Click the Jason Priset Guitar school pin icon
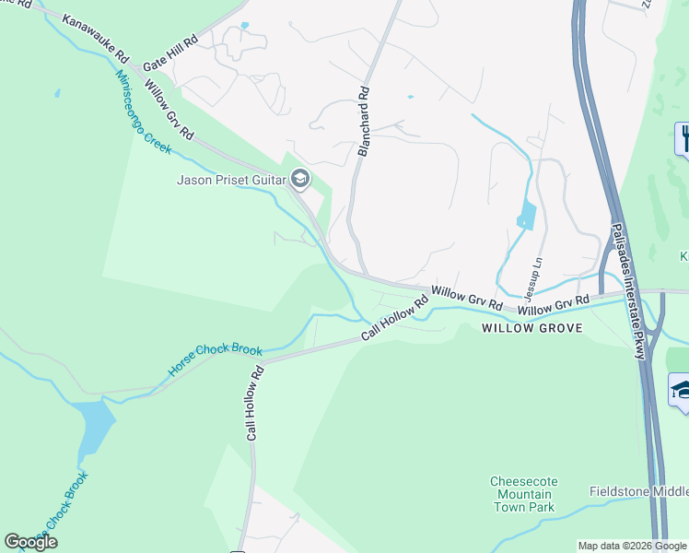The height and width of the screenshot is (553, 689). tap(299, 180)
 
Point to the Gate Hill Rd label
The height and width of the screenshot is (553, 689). tap(170, 53)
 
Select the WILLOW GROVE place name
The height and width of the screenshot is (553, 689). tap(531, 327)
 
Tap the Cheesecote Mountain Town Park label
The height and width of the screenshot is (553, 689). tap(522, 494)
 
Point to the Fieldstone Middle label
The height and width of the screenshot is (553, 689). tap(638, 491)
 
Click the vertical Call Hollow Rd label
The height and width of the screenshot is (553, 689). tap(256, 402)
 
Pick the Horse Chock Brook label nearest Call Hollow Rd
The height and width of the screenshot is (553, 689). tap(215, 362)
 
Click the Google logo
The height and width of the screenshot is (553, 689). tap(30, 542)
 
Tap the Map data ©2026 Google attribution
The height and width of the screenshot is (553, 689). tap(633, 546)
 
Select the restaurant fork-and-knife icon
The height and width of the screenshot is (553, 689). tap(683, 139)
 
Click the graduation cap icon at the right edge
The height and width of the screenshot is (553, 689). tap(681, 389)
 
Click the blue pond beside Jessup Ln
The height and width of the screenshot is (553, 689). tap(526, 216)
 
